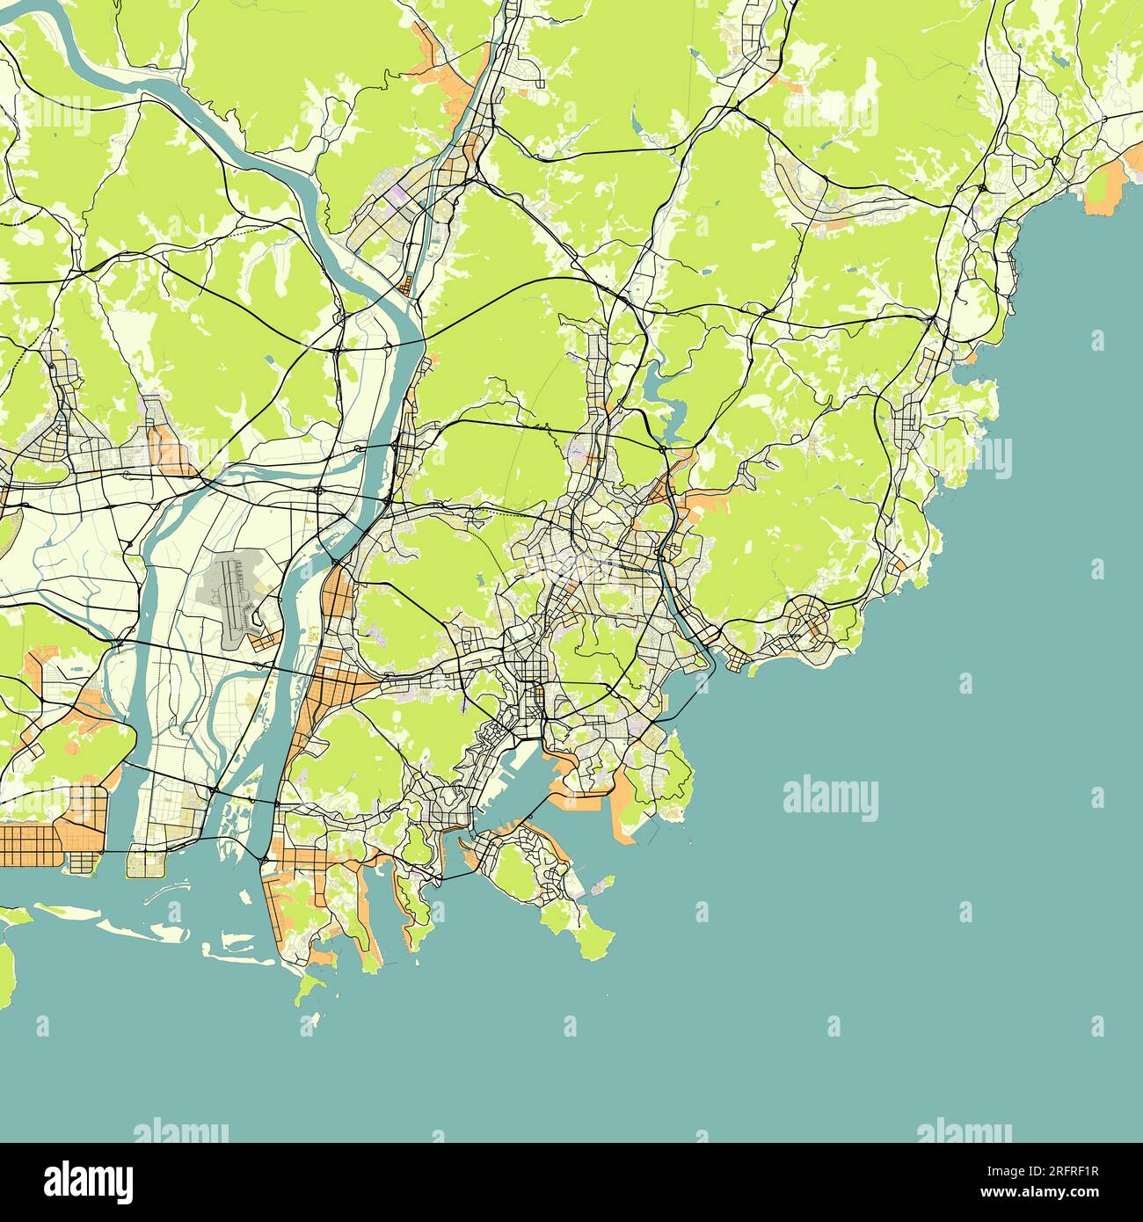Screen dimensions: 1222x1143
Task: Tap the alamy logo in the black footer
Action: coord(89,1179)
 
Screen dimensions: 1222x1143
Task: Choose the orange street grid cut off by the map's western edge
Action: coord(26,842)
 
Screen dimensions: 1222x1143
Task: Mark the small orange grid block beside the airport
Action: coord(264,641)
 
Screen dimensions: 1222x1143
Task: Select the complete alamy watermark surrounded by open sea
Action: coord(830,798)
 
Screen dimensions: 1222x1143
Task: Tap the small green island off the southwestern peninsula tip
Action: coord(309,990)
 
